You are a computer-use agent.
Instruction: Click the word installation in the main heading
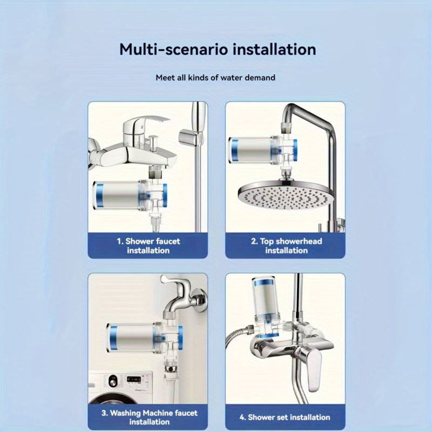274,49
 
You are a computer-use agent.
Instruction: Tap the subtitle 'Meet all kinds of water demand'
215,78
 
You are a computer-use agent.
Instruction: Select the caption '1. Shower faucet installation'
148,246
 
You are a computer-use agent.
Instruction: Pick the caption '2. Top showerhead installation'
287,246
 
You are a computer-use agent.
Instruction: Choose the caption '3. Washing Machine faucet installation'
150,417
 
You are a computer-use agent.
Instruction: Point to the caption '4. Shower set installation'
285,417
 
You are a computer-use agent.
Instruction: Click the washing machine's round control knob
113,381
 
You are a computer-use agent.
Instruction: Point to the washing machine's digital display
133,379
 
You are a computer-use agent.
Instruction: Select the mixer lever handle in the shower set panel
315,370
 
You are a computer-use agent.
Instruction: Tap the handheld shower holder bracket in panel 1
190,137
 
